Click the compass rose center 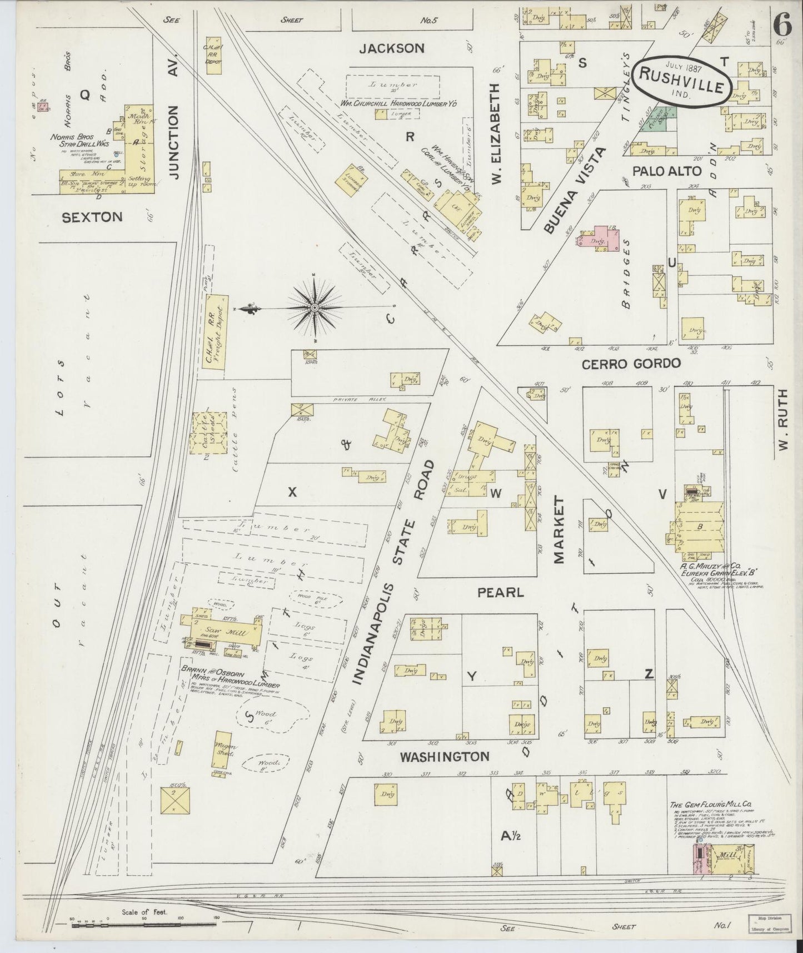315,307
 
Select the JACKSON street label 392,49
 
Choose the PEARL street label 501,592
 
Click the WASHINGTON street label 445,756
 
